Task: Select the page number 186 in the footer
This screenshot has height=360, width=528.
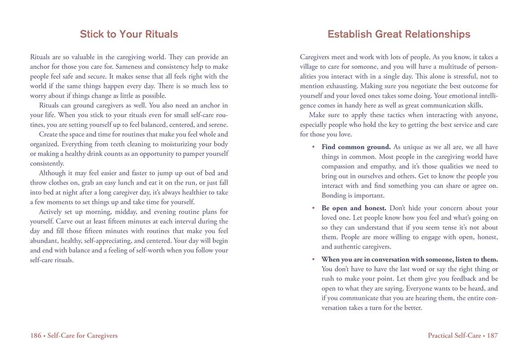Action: click(36, 335)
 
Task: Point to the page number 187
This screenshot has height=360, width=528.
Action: click(492, 335)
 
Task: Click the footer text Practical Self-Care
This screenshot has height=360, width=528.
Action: click(454, 335)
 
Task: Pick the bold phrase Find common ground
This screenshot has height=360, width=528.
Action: click(356, 147)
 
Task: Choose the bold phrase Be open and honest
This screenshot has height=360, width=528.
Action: click(353, 208)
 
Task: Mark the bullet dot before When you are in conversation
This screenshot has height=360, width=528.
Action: click(313, 260)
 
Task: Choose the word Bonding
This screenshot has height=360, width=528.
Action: click(333, 195)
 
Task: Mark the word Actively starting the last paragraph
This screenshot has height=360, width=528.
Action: click(51, 211)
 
